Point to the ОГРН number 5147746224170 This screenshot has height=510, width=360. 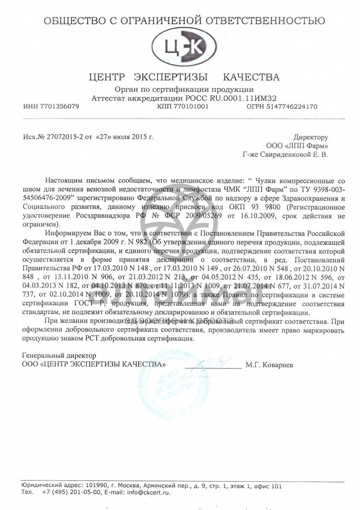[x=293, y=107]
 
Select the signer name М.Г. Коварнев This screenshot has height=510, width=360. [x=269, y=365]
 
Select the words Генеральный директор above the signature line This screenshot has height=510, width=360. [x=59, y=355]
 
